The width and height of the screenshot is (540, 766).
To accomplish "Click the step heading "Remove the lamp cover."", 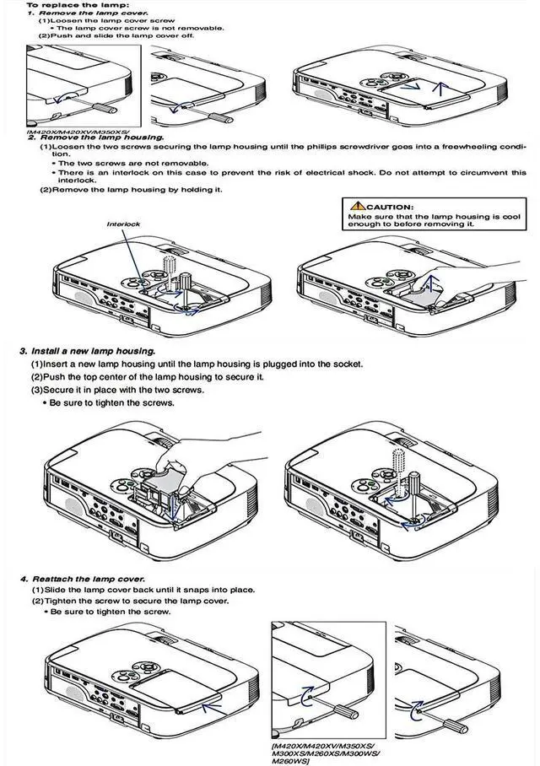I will click(81, 13).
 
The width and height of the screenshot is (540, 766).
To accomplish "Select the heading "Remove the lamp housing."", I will click(97, 137).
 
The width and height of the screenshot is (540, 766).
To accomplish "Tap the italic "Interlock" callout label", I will click(122, 224).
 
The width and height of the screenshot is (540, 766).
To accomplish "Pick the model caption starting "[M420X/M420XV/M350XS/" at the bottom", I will click(324, 747).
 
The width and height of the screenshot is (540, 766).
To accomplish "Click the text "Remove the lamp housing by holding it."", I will click(131, 189).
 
